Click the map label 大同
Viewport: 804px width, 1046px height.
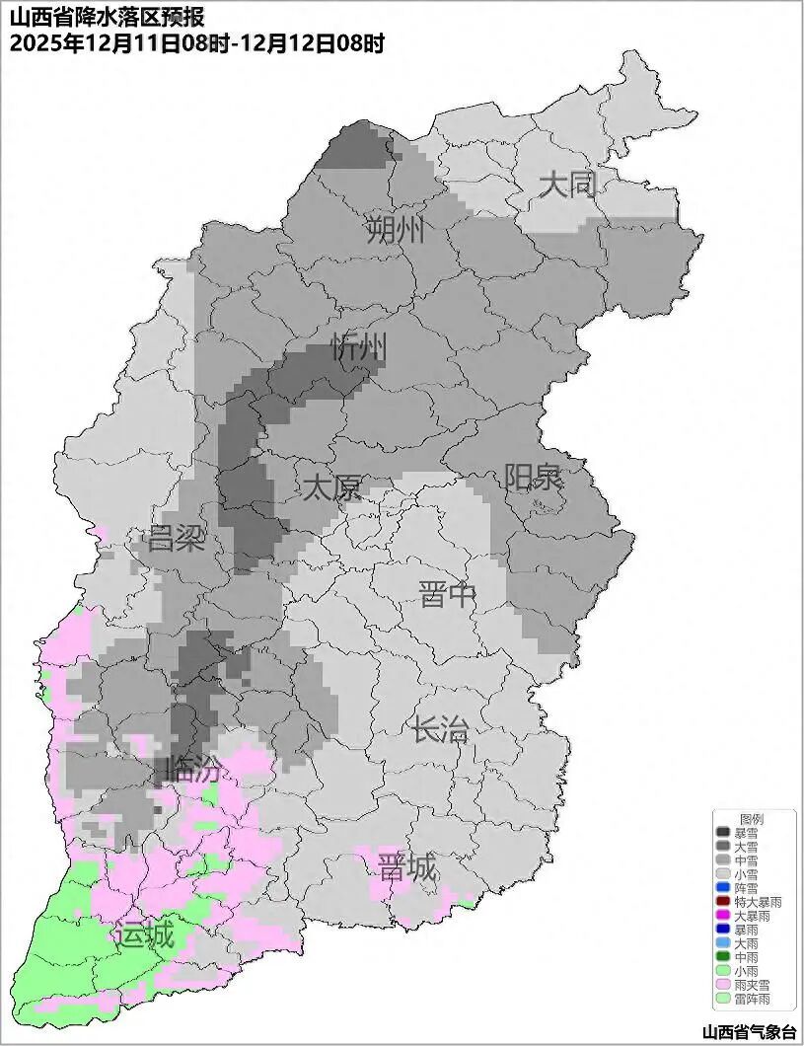point(568,185)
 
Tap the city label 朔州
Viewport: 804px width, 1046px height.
point(396,231)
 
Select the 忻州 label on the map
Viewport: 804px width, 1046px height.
point(359,347)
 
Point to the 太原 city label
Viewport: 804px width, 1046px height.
point(331,487)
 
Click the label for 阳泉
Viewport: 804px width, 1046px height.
point(533,478)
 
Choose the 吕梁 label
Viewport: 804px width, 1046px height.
point(175,539)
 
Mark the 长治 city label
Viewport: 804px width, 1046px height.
point(440,731)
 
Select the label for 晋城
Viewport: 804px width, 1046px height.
point(407,868)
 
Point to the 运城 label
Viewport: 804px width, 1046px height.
point(144,934)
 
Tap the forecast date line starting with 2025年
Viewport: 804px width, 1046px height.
point(196,43)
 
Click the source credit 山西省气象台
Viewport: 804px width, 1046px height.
point(749,1031)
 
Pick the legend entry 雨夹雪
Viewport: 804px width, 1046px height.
point(752,985)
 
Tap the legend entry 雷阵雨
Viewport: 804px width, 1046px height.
point(752,999)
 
